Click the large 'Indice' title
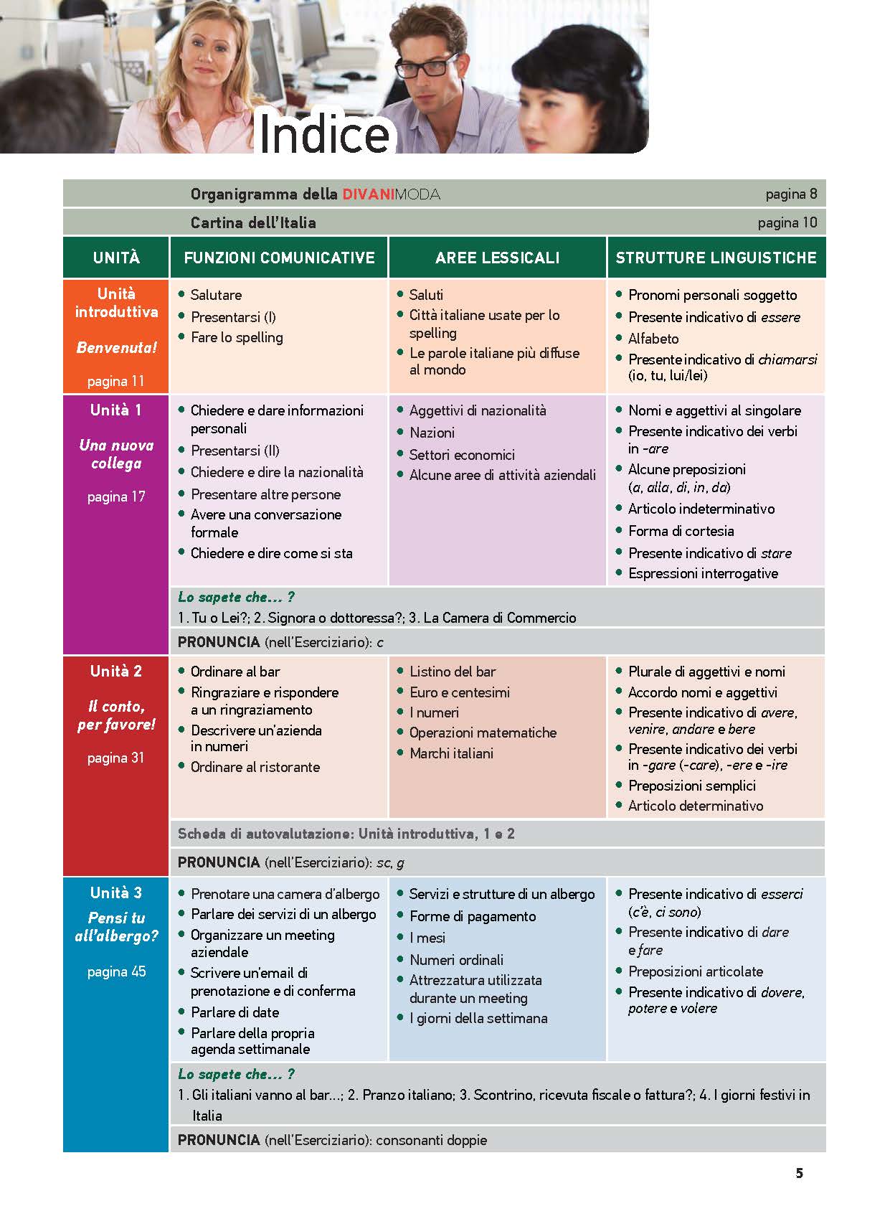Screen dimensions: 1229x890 click(x=323, y=133)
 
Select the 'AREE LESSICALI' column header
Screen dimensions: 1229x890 click(x=497, y=258)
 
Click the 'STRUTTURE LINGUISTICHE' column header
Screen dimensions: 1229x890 click(x=716, y=258)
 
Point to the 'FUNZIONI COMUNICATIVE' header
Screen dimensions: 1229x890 click(x=279, y=258)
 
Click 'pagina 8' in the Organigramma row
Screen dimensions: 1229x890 click(x=791, y=194)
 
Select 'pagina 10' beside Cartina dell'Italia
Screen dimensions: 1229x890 click(x=787, y=222)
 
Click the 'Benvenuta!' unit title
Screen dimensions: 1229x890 click(x=116, y=348)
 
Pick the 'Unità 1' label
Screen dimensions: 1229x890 click(x=116, y=410)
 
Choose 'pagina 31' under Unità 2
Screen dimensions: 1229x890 click(x=116, y=758)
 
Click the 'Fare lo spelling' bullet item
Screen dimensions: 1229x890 click(x=237, y=337)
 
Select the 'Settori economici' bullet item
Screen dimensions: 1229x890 click(x=462, y=455)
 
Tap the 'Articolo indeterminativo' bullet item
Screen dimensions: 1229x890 click(x=701, y=509)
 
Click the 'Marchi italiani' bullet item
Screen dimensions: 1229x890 click(x=451, y=753)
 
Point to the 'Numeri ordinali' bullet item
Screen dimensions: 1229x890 click(x=456, y=960)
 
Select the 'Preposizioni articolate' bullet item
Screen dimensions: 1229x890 click(x=695, y=971)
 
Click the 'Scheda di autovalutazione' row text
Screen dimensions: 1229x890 click(x=346, y=834)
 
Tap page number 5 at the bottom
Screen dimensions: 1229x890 click(x=799, y=1174)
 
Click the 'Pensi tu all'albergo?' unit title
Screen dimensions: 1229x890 click(x=116, y=927)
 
